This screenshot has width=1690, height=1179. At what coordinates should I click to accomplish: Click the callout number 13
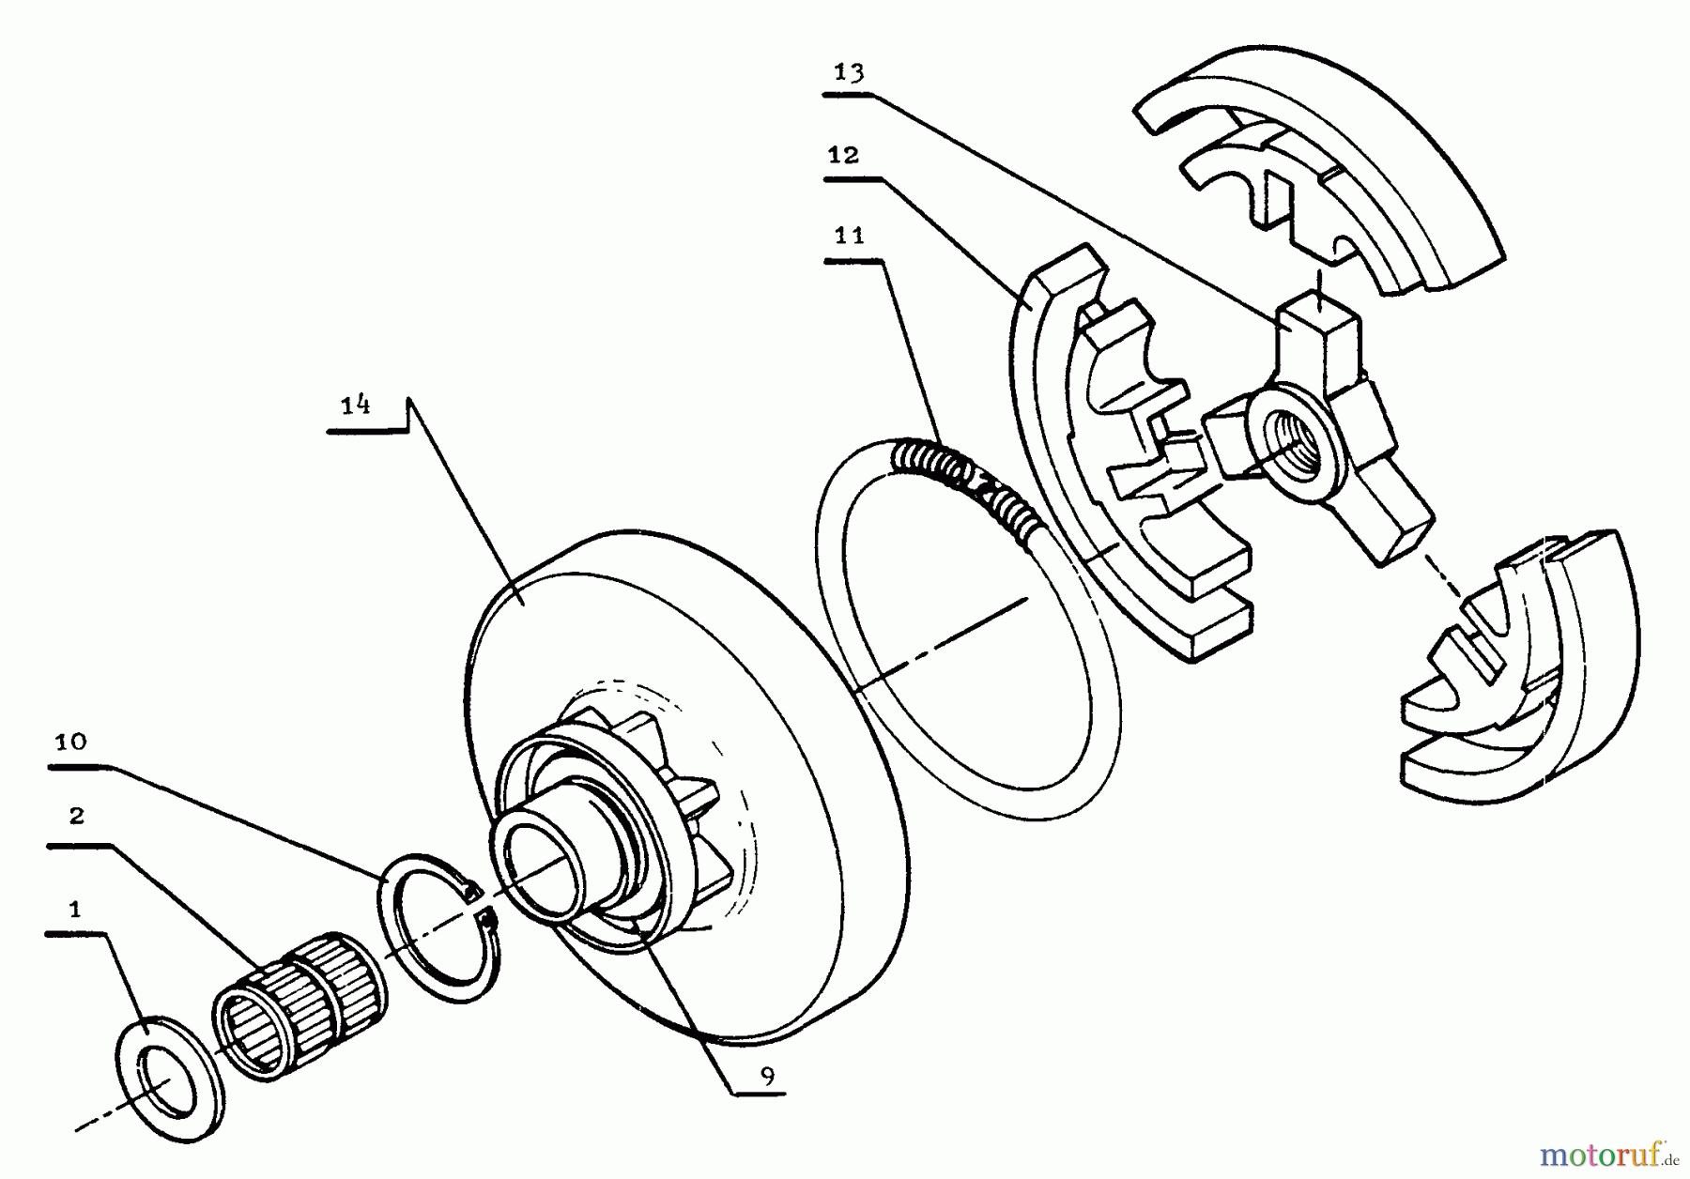pos(849,73)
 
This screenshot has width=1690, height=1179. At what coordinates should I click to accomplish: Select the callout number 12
pos(843,155)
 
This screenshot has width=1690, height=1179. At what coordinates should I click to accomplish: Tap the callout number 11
pos(849,236)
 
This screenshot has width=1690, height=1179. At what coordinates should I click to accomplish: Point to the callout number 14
pos(355,406)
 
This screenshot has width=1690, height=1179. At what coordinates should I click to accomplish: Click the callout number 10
pos(70,743)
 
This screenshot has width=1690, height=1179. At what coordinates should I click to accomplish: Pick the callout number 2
pos(76,816)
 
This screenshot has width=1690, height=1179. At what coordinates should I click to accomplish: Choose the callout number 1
pos(74,909)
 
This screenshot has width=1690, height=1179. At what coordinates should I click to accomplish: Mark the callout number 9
pos(768,1077)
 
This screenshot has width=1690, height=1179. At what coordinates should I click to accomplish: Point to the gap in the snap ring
pos(479,903)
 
